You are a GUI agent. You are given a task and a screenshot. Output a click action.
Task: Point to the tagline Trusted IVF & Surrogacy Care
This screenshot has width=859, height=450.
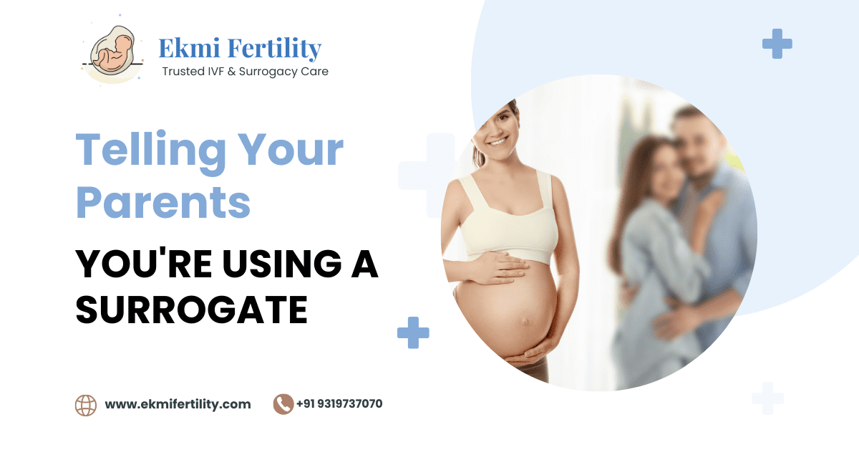click(x=245, y=72)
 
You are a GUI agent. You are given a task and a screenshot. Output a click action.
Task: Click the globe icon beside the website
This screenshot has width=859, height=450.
click(x=86, y=405)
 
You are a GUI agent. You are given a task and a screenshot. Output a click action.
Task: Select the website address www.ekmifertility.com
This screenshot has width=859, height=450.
click(x=178, y=404)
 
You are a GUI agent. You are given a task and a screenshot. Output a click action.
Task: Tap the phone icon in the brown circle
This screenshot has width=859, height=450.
click(x=283, y=404)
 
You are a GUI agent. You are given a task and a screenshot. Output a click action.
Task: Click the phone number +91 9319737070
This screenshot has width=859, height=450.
click(x=340, y=404)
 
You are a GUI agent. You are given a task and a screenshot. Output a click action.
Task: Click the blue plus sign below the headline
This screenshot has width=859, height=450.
click(x=413, y=332)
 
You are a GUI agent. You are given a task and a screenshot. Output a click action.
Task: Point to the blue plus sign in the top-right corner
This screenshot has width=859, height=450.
click(x=777, y=44)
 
